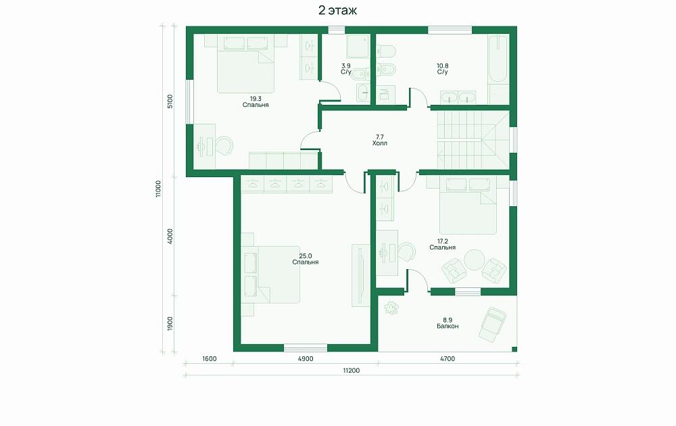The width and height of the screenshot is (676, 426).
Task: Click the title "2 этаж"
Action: [337, 10]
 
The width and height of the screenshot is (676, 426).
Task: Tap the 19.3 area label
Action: [256, 99]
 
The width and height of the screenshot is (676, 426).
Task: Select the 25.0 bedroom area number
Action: [306, 256]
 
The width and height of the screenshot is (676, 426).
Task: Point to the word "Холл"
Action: [379, 143]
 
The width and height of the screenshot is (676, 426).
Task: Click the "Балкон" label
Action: [448, 327]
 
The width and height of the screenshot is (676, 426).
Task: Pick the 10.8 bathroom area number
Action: [442, 66]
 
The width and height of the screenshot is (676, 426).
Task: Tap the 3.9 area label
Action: [345, 66]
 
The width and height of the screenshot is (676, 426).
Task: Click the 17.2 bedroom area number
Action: [442, 241]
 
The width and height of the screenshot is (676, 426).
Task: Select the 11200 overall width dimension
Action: [352, 371]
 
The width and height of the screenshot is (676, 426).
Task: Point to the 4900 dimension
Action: [306, 359]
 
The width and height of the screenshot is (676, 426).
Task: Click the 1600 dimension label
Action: [209, 359]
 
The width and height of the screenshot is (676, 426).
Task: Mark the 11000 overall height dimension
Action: [158, 189]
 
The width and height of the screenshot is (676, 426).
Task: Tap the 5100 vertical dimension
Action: [170, 101]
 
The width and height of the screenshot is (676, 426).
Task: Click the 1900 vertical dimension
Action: [170, 324]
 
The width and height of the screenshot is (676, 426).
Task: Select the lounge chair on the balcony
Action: [492, 325]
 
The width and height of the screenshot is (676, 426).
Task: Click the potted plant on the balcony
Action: [391, 308]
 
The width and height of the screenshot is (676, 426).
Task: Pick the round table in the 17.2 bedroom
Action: [475, 260]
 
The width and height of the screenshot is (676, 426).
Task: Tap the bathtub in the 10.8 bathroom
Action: [498, 59]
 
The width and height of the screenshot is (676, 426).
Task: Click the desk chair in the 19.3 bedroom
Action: [224, 145]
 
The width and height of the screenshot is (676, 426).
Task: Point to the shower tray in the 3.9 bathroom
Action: [358, 47]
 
